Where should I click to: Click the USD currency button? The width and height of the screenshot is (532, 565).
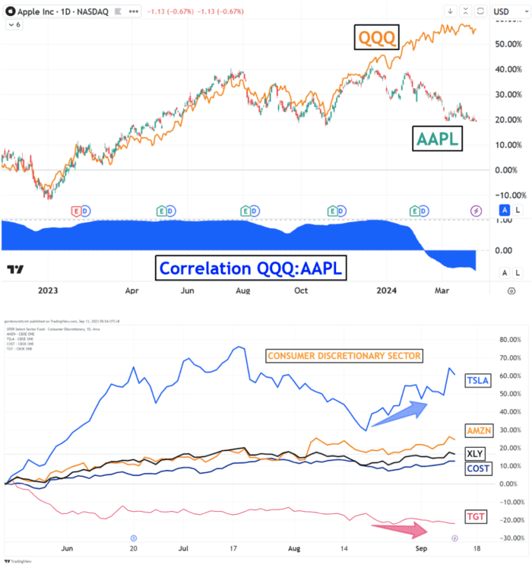(501, 11)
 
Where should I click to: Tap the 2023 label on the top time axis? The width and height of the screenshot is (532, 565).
(47, 290)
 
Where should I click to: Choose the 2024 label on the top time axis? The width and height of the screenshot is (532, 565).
(388, 290)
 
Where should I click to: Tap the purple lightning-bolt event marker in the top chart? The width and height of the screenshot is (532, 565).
(477, 210)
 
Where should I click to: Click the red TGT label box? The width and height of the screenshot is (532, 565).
(474, 515)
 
